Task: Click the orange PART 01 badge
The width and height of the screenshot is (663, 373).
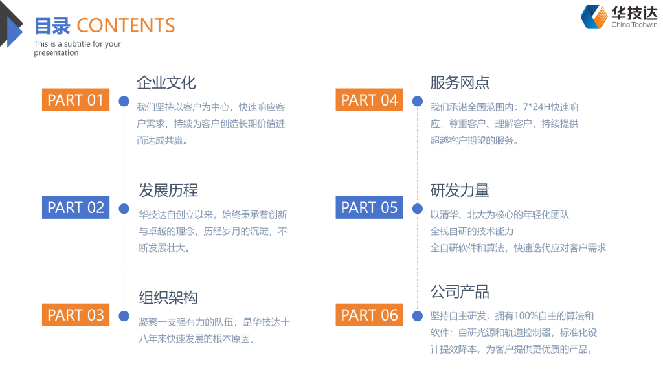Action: pyautogui.click(x=75, y=100)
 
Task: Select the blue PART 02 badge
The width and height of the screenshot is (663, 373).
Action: pyautogui.click(x=75, y=207)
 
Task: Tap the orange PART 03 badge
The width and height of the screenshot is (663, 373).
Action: pyautogui.click(x=75, y=315)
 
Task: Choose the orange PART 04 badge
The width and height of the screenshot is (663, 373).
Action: pyautogui.click(x=369, y=100)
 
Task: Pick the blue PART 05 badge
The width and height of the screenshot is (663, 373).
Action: pyautogui.click(x=369, y=207)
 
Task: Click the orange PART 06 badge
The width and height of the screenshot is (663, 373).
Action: pyautogui.click(x=369, y=315)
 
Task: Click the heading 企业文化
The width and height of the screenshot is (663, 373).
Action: pyautogui.click(x=166, y=83)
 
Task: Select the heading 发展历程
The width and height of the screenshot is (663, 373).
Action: pyautogui.click(x=168, y=190)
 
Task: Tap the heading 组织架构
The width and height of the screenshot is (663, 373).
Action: pyautogui.click(x=168, y=298)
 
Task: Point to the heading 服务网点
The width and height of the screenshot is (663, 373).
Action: pyautogui.click(x=460, y=83)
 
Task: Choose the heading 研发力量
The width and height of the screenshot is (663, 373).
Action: pyautogui.click(x=460, y=190)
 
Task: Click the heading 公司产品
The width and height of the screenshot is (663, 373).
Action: pyautogui.click(x=460, y=291)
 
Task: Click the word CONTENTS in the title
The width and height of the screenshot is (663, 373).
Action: pyautogui.click(x=126, y=26)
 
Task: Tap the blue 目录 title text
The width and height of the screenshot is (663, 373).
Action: pyautogui.click(x=52, y=26)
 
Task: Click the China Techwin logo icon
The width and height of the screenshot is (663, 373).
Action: pyautogui.click(x=594, y=17)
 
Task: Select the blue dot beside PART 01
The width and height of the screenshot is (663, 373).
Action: pyautogui.click(x=124, y=101)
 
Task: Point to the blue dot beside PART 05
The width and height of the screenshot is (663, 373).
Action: pyautogui.click(x=418, y=209)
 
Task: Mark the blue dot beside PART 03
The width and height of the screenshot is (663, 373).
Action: pyautogui.click(x=124, y=316)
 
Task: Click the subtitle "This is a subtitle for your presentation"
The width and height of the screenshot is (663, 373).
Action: pyautogui.click(x=77, y=49)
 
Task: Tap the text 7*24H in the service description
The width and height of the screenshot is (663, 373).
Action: pyautogui.click(x=537, y=107)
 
